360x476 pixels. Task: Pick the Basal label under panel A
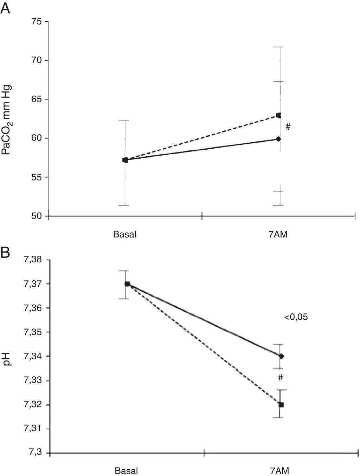124,234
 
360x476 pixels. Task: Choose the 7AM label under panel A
278,234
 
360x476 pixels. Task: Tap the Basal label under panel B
126,471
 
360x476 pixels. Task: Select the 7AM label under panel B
280,471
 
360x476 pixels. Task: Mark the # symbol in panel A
288,127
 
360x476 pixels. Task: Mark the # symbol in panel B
280,378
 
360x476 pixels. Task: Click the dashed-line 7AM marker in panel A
278,115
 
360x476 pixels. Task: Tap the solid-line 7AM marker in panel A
278,139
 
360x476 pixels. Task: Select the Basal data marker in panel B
127,284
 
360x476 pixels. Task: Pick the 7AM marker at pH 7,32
281,405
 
